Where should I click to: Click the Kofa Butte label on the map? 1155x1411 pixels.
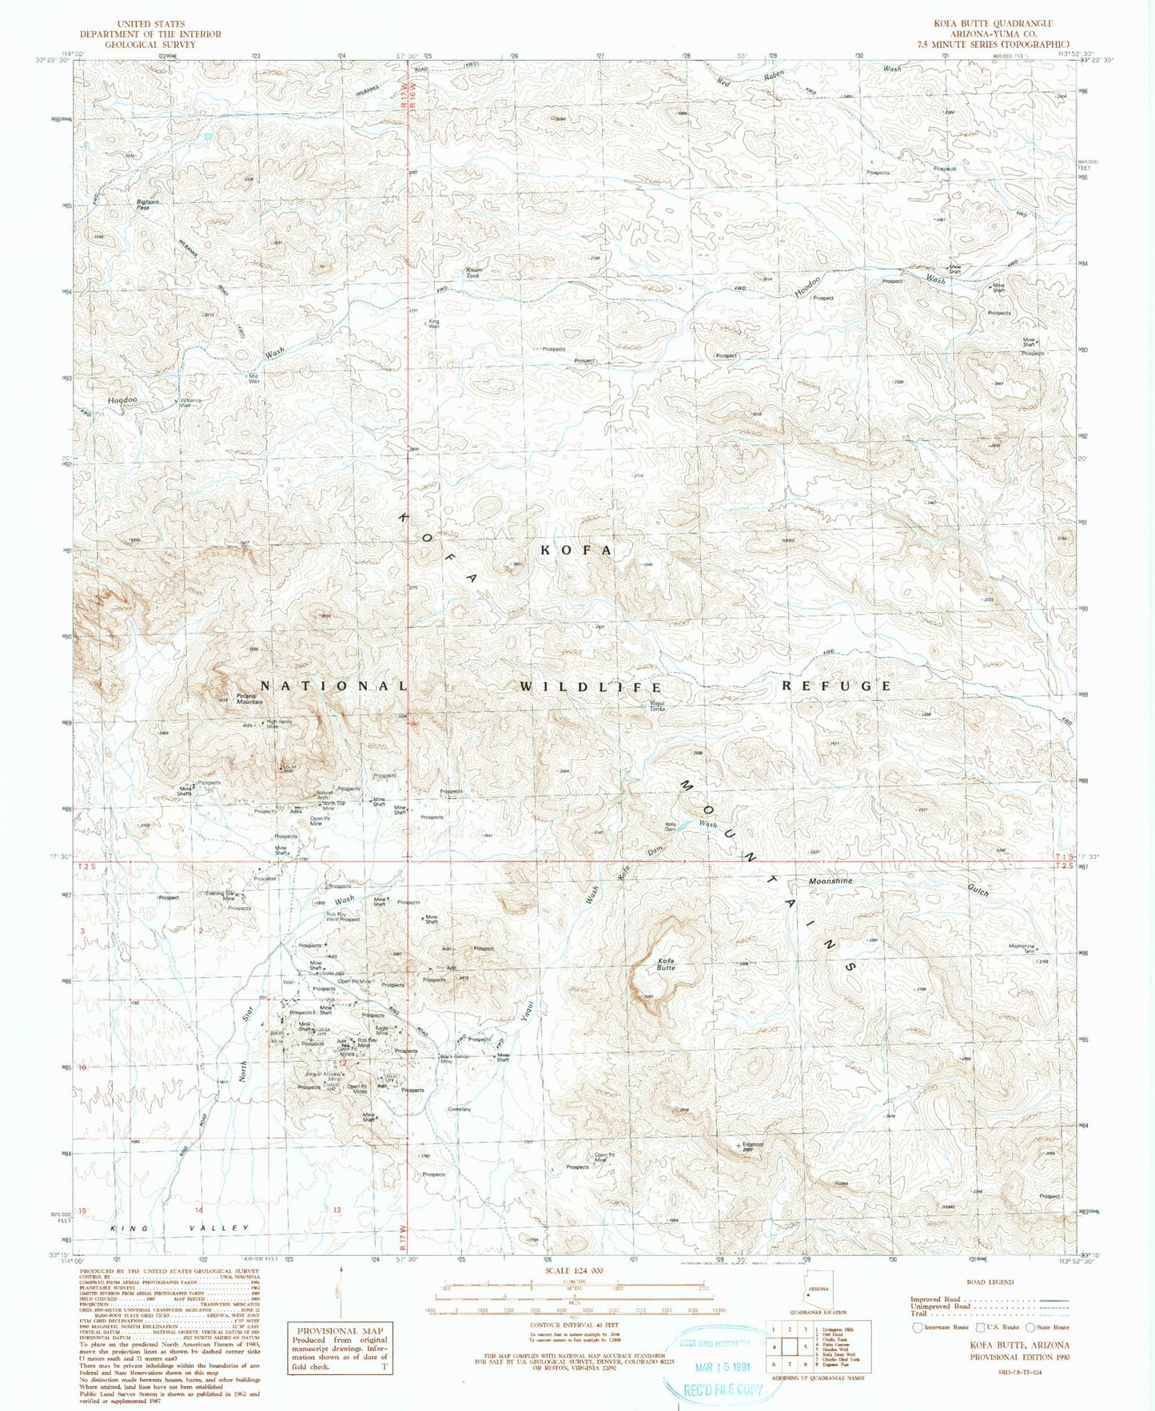coord(666,964)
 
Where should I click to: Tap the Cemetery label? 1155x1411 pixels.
coord(460,1109)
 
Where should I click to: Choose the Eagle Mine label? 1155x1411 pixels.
coord(382,1031)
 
